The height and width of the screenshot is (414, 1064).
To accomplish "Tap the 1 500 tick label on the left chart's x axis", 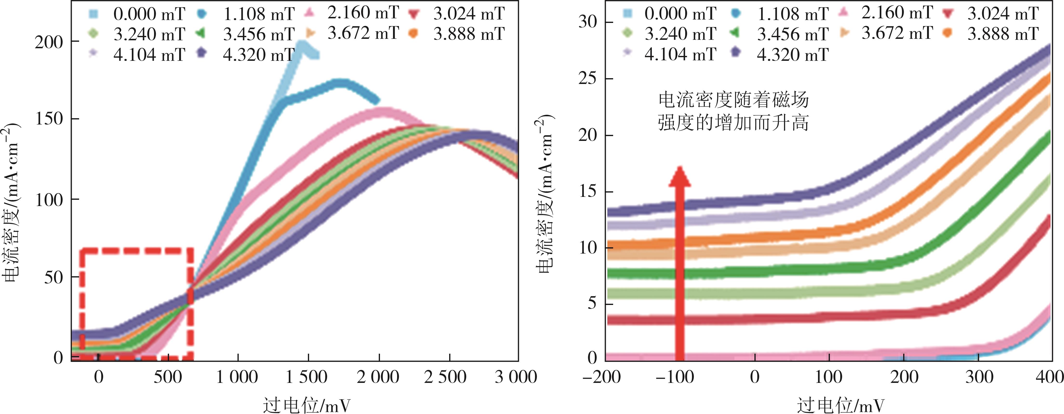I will [306, 377].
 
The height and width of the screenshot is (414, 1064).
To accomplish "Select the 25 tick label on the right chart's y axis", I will [588, 78].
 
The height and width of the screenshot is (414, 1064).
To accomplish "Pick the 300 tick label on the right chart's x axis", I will [979, 377].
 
